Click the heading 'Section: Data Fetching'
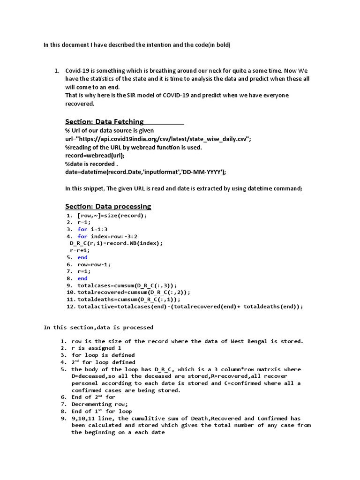pyautogui.click(x=104, y=121)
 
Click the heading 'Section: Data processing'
pyautogui.click(x=108, y=206)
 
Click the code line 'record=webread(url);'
pyautogui.click(x=95, y=156)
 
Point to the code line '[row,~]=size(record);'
pyautogui.click(x=112, y=216)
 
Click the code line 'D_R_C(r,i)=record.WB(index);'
pyautogui.click(x=116, y=243)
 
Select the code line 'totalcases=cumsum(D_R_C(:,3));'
pyautogui.click(x=127, y=285)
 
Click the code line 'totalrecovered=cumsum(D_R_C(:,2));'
pyautogui.click(x=134, y=292)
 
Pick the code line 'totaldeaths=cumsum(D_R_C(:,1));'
pyautogui.click(x=129, y=300)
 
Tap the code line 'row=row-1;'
pyautogui.click(x=94, y=264)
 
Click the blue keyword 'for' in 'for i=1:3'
pyautogui.click(x=82, y=229)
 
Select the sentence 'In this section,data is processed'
pyautogui.click(x=98, y=328)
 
